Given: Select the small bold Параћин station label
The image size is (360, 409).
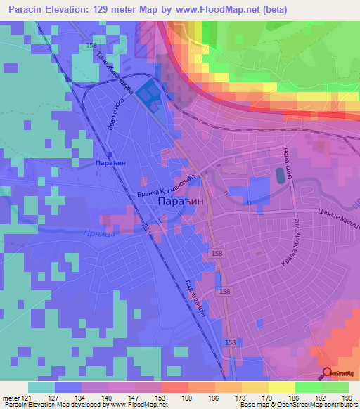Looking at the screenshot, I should point(109,162).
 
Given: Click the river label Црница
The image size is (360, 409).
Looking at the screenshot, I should point(98,233).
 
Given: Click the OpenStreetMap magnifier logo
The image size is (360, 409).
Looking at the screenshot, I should point(328,374).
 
